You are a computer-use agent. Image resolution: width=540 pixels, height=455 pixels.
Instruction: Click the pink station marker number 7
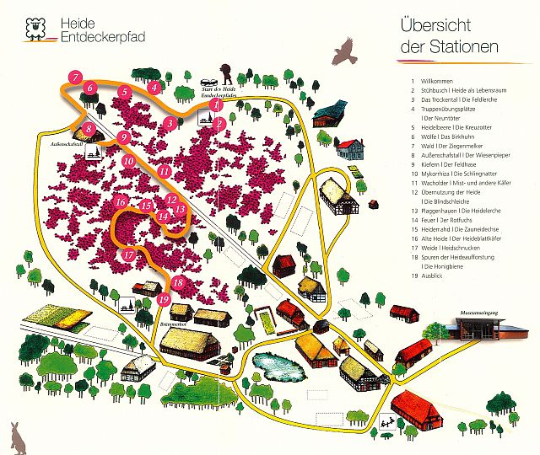click(75, 78)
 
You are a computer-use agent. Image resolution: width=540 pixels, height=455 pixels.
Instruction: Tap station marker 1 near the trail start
click(217, 106)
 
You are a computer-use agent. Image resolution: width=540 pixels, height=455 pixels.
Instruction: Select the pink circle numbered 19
click(165, 298)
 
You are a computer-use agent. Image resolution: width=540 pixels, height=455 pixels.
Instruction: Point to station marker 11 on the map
click(165, 171)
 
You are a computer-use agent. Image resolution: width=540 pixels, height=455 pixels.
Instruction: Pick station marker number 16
click(121, 202)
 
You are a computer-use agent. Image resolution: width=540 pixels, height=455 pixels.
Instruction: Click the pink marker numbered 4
click(154, 87)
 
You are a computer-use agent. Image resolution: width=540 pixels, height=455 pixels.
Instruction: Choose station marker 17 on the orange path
click(128, 254)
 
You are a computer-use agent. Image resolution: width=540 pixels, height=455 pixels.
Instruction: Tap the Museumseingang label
click(477, 312)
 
